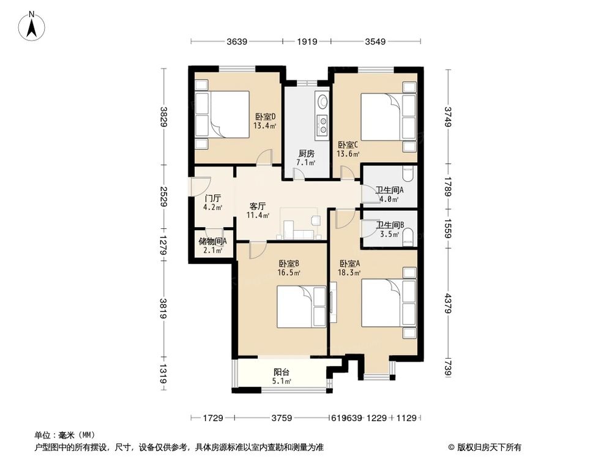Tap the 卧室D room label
(x=265, y=121)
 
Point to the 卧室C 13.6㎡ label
(x=348, y=149)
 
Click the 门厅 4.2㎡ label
(x=212, y=203)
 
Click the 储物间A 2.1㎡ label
(x=212, y=245)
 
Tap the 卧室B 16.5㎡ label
(x=289, y=268)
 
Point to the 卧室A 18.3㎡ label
(x=350, y=268)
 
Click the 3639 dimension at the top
(x=236, y=42)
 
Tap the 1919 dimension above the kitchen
(x=307, y=42)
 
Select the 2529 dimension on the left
(x=164, y=196)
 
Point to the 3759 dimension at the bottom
(x=281, y=418)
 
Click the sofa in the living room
(x=298, y=234)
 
